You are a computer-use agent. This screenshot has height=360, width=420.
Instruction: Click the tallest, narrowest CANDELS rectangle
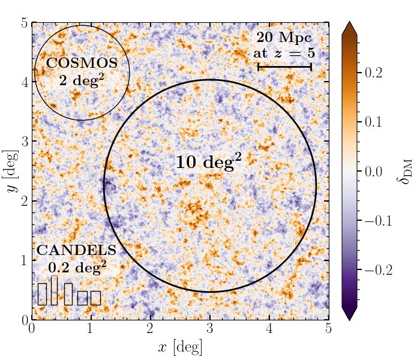pyautogui.click(x=54, y=290)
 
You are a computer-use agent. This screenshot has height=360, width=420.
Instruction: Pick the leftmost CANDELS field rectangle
pyautogui.click(x=42, y=294)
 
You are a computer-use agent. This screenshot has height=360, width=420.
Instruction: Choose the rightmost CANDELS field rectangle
pyautogui.click(x=95, y=298)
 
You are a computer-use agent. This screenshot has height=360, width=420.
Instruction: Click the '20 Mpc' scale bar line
pyautogui.click(x=284, y=67)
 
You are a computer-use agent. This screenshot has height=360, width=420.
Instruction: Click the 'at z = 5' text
pyautogui.click(x=284, y=53)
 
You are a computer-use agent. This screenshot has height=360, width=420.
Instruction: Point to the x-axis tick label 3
pyautogui.click(x=209, y=329)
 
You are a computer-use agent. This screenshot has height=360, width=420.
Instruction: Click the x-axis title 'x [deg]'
pyautogui.click(x=179, y=346)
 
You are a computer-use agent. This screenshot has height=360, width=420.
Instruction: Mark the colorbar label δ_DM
pyautogui.click(x=406, y=171)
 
